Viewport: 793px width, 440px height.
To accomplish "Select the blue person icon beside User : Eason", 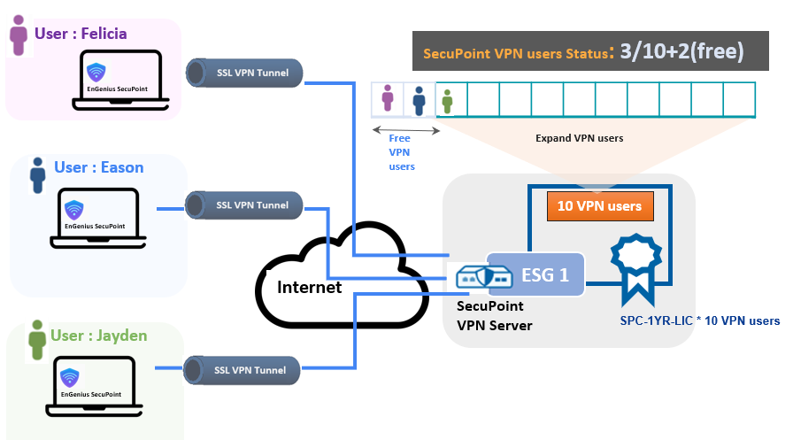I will coord(38,174).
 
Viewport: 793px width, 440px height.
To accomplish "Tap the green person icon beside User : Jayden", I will coord(37,336).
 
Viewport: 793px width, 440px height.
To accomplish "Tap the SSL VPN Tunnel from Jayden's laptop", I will coord(243,369).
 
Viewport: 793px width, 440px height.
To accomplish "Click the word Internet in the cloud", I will coord(310,287).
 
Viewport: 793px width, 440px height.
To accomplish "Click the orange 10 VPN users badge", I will coord(599,206).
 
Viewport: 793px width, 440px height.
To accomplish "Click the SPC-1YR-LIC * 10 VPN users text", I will coord(699,320).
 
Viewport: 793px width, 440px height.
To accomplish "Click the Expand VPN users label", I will coord(579,138).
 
